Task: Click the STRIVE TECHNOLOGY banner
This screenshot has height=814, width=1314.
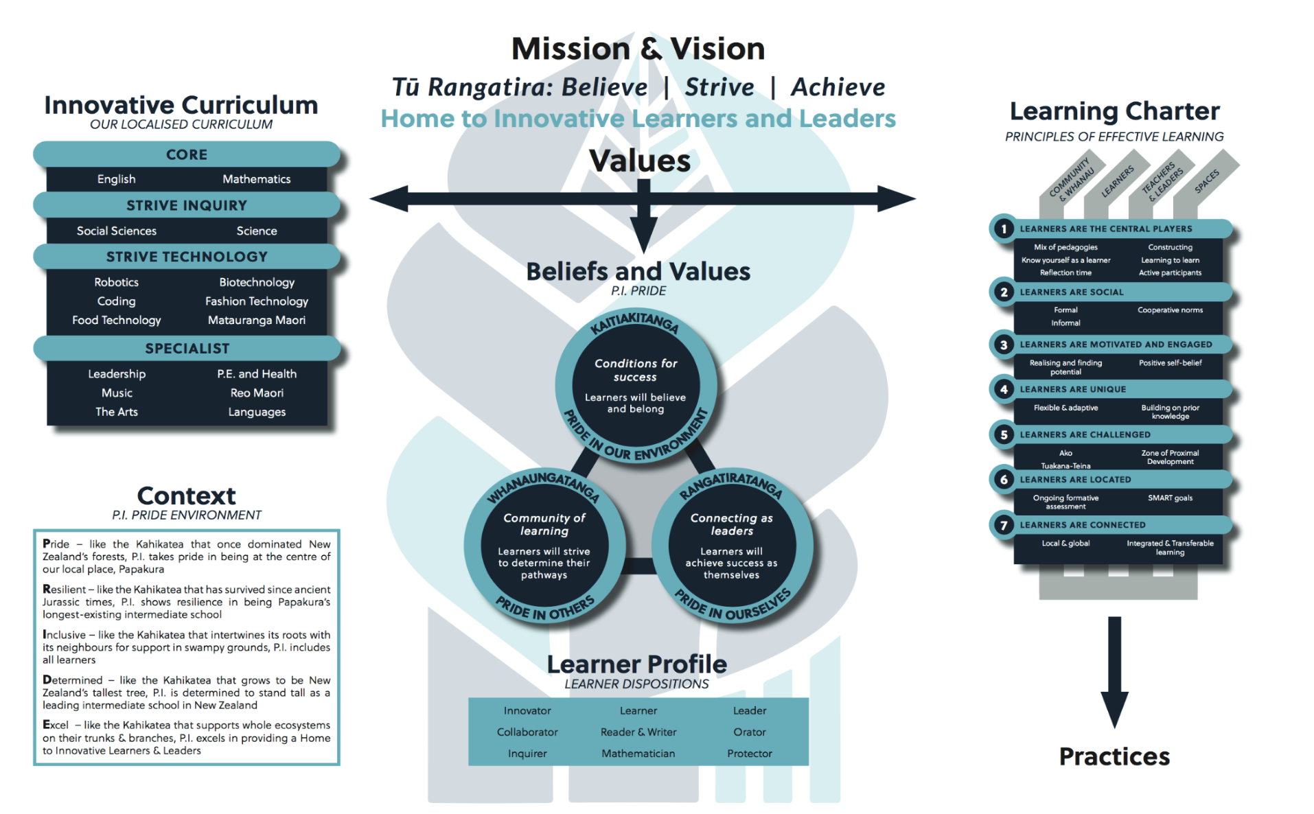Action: (x=187, y=257)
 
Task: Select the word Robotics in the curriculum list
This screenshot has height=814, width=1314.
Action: (x=116, y=282)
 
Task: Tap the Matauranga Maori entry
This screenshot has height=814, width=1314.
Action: (x=256, y=320)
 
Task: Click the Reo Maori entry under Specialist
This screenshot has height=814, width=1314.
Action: (x=257, y=393)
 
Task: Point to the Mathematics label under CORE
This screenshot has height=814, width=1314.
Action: (x=256, y=179)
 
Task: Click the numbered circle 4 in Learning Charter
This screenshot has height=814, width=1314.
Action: (x=1003, y=389)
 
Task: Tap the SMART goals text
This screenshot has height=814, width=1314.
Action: (x=1169, y=498)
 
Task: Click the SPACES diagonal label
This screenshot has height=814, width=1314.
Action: (x=1206, y=181)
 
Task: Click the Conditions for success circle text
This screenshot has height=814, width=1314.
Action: (x=635, y=370)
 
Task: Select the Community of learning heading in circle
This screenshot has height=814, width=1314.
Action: (x=544, y=524)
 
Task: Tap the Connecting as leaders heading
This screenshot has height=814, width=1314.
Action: (x=731, y=524)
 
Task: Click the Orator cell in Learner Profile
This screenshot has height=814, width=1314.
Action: (x=749, y=732)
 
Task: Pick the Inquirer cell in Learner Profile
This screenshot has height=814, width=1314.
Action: (x=527, y=754)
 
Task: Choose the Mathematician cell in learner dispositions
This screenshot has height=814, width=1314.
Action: (x=638, y=754)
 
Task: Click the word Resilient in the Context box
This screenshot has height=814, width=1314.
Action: (x=65, y=589)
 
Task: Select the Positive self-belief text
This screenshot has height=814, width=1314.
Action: (x=1169, y=363)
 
